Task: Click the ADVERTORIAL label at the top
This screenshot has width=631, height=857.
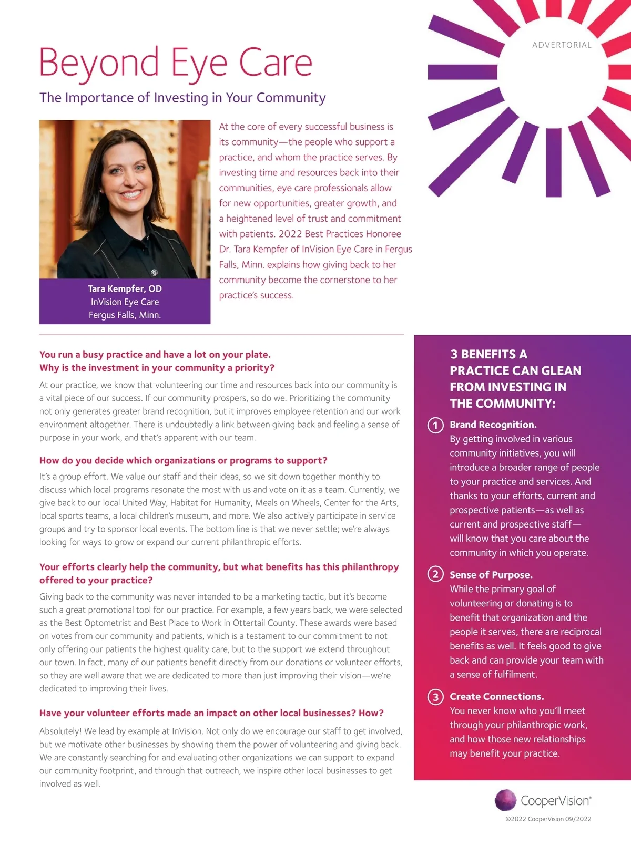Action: click(562, 45)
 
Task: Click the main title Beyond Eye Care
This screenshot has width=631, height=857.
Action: click(176, 63)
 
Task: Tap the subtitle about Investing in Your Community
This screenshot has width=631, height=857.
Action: click(182, 98)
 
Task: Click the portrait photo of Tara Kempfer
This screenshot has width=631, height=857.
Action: click(125, 199)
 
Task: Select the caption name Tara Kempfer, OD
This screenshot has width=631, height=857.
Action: click(125, 288)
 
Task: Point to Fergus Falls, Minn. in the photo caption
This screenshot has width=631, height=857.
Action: click(125, 315)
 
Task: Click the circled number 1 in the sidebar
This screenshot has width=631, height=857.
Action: click(435, 425)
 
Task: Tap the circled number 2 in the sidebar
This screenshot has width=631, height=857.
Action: click(435, 574)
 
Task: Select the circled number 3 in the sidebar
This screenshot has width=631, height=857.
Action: click(435, 697)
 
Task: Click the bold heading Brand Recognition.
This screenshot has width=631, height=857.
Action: click(493, 425)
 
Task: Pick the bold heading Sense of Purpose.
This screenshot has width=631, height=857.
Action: click(491, 575)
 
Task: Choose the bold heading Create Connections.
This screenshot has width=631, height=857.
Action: click(496, 697)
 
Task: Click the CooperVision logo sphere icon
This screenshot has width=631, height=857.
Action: click(505, 800)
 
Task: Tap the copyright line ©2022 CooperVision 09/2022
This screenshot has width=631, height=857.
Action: click(548, 819)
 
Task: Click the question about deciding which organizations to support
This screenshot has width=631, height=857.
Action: click(183, 461)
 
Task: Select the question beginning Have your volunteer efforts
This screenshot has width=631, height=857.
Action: click(211, 713)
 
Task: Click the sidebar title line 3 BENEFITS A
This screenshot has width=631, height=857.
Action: click(488, 354)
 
